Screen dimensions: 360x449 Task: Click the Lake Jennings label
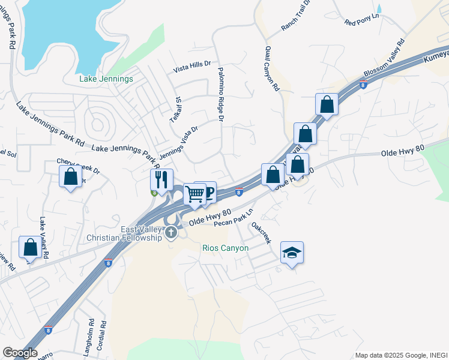[x=106, y=79]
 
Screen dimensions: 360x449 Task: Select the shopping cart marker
[x=194, y=194]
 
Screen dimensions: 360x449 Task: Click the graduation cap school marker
[x=292, y=253]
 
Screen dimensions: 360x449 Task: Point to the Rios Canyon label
[x=226, y=248]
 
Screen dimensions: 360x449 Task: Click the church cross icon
[x=171, y=232]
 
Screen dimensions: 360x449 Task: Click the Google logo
[x=19, y=353]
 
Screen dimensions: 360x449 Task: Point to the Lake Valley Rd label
[x=43, y=238]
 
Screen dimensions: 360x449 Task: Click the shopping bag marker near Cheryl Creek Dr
[x=71, y=176]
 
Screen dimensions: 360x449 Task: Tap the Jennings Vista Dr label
[x=178, y=142]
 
